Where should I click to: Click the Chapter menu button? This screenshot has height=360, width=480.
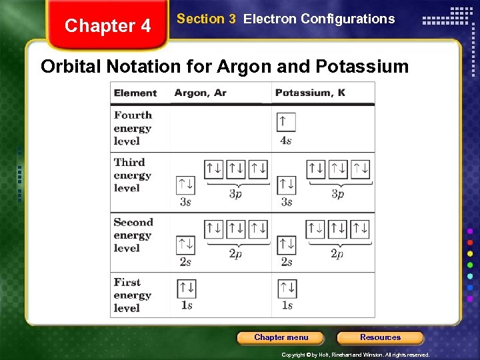pyautogui.click(x=281, y=337)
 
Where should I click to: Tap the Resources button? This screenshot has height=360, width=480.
pyautogui.click(x=380, y=337)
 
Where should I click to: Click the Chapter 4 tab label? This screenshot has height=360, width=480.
pyautogui.click(x=108, y=26)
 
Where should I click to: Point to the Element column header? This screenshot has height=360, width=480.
pyautogui.click(x=135, y=93)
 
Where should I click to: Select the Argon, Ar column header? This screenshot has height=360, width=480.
pyautogui.click(x=200, y=93)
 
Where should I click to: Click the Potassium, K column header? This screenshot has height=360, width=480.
pyautogui.click(x=310, y=93)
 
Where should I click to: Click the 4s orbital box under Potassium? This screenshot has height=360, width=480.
pyautogui.click(x=286, y=122)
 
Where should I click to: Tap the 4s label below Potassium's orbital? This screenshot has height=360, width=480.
pyautogui.click(x=286, y=141)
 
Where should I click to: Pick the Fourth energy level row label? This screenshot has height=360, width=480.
pyautogui.click(x=133, y=128)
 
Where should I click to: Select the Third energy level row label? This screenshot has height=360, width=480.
pyautogui.click(x=132, y=175)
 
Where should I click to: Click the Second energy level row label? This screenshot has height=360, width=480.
pyautogui.click(x=133, y=235)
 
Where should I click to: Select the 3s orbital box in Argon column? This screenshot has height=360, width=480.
pyautogui.click(x=185, y=185)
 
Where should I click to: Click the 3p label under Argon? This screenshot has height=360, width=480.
pyautogui.click(x=235, y=194)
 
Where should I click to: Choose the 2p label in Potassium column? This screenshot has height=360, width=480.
pyautogui.click(x=337, y=253)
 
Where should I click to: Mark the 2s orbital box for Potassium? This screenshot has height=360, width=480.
pyautogui.click(x=287, y=245)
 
